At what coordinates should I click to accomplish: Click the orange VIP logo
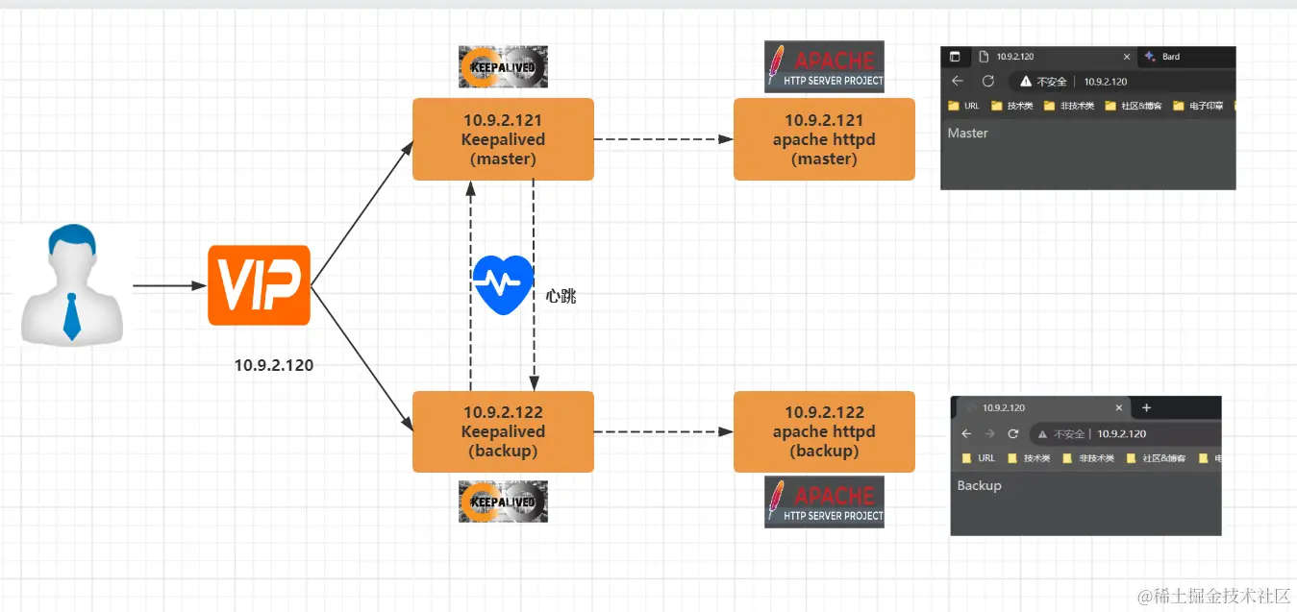(x=260, y=285)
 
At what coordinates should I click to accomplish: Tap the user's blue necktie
(x=72, y=317)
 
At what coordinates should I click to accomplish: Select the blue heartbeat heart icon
(x=503, y=284)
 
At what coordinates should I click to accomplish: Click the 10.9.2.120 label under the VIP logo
(x=274, y=365)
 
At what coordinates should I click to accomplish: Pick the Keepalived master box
(x=503, y=139)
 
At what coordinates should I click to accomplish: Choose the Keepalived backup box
(x=503, y=431)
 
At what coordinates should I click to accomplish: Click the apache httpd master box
(x=824, y=139)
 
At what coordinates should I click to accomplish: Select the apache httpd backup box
(x=824, y=431)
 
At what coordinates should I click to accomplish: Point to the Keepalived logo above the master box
(x=503, y=67)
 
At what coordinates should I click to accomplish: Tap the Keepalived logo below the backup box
(x=503, y=502)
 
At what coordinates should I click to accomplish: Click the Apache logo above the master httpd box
(x=824, y=67)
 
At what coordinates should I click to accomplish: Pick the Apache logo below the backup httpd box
(x=824, y=502)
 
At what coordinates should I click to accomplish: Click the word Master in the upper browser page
(x=967, y=134)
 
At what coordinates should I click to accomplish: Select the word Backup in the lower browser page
(x=979, y=486)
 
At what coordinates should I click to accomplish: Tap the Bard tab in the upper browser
(x=1170, y=57)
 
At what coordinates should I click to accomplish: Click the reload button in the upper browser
(x=987, y=82)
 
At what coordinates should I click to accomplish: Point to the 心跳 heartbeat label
(x=561, y=296)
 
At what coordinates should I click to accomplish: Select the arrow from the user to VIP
(x=169, y=286)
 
